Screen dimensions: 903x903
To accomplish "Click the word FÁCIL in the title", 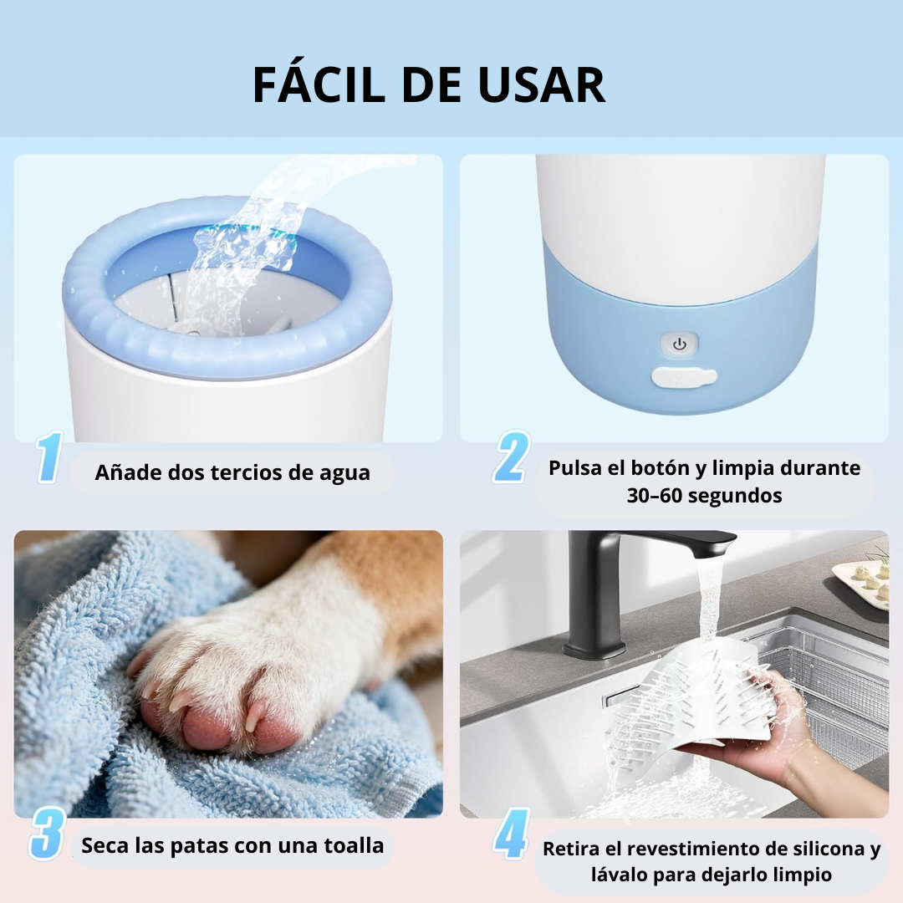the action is [x=319, y=84].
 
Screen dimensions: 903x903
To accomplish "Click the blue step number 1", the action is [x=49, y=457].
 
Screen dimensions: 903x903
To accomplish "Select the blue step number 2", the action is [x=512, y=457].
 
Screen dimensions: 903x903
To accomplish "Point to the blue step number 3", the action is [x=47, y=834].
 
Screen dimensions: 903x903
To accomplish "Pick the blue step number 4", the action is [x=512, y=834].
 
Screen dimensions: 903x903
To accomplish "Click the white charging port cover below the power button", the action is [x=684, y=377].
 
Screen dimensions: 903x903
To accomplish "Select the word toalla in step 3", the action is [x=355, y=846].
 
